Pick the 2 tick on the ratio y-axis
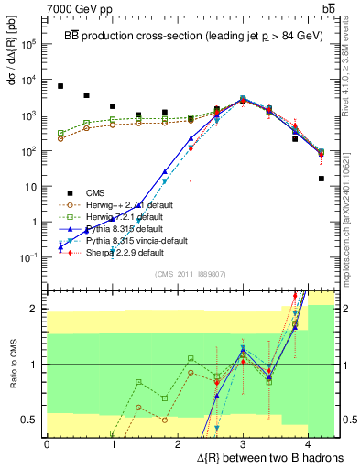[37, 309]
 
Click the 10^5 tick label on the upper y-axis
[30, 44]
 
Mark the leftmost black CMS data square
[60, 86]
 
